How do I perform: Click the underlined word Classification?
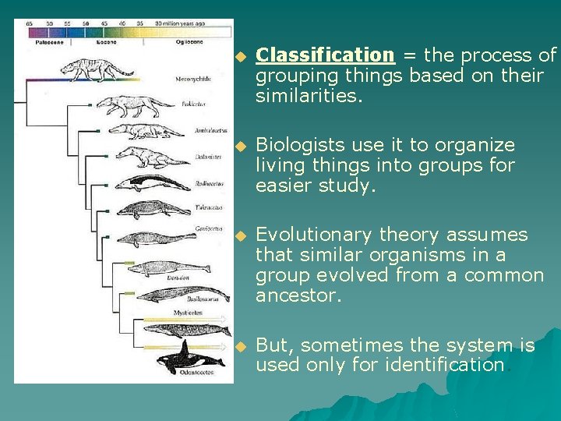[326, 55]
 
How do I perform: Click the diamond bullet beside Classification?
[242, 56]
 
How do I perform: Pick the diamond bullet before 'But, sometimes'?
[242, 346]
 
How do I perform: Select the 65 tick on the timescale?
[30, 24]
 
